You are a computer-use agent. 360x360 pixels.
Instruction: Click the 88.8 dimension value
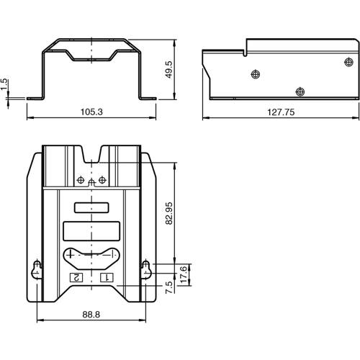click(91, 313)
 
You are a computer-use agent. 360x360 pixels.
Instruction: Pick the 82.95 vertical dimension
click(169, 214)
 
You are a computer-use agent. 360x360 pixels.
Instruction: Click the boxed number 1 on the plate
click(107, 277)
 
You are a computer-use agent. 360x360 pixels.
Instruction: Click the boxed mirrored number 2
click(75, 277)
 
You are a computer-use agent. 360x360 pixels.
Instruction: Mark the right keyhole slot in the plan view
click(146, 268)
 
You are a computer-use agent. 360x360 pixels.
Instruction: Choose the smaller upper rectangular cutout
click(91, 208)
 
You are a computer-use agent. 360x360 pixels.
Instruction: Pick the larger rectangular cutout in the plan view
click(91, 231)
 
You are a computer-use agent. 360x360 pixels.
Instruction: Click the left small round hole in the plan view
click(81, 179)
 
